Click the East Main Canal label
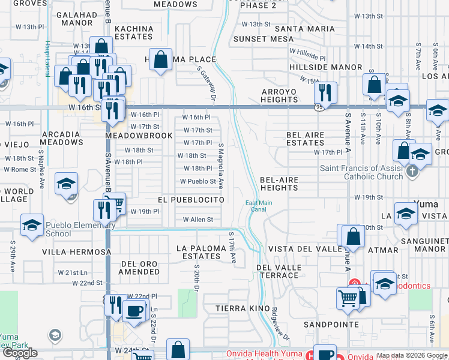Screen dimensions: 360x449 259,206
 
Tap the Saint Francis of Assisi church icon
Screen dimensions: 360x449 412,171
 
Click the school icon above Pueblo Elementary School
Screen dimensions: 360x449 31,225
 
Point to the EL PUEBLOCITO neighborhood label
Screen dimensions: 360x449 191,199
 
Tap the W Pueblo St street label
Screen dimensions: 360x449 197,181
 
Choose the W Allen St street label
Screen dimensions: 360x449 197,220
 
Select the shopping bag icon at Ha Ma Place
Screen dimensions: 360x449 160,60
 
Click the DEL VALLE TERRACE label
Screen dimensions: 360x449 277,271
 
